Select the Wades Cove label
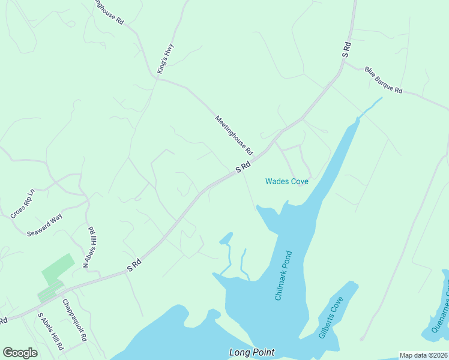coord(287,181)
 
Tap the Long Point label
coord(252,352)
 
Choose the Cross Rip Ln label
coord(23,204)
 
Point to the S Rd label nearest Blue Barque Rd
coord(346,49)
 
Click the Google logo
coord(20,353)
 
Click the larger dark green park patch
coord(58,269)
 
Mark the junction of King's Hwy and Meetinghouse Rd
coord(157,79)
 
